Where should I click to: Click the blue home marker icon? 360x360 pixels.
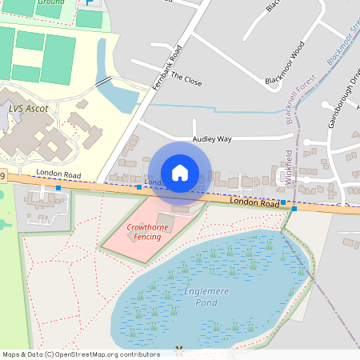180,172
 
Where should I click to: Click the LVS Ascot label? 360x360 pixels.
29,108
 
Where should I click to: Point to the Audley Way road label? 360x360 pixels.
212,138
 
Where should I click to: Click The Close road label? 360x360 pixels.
188,80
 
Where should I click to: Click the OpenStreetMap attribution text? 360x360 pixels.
80,354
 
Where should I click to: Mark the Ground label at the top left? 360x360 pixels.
50,3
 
